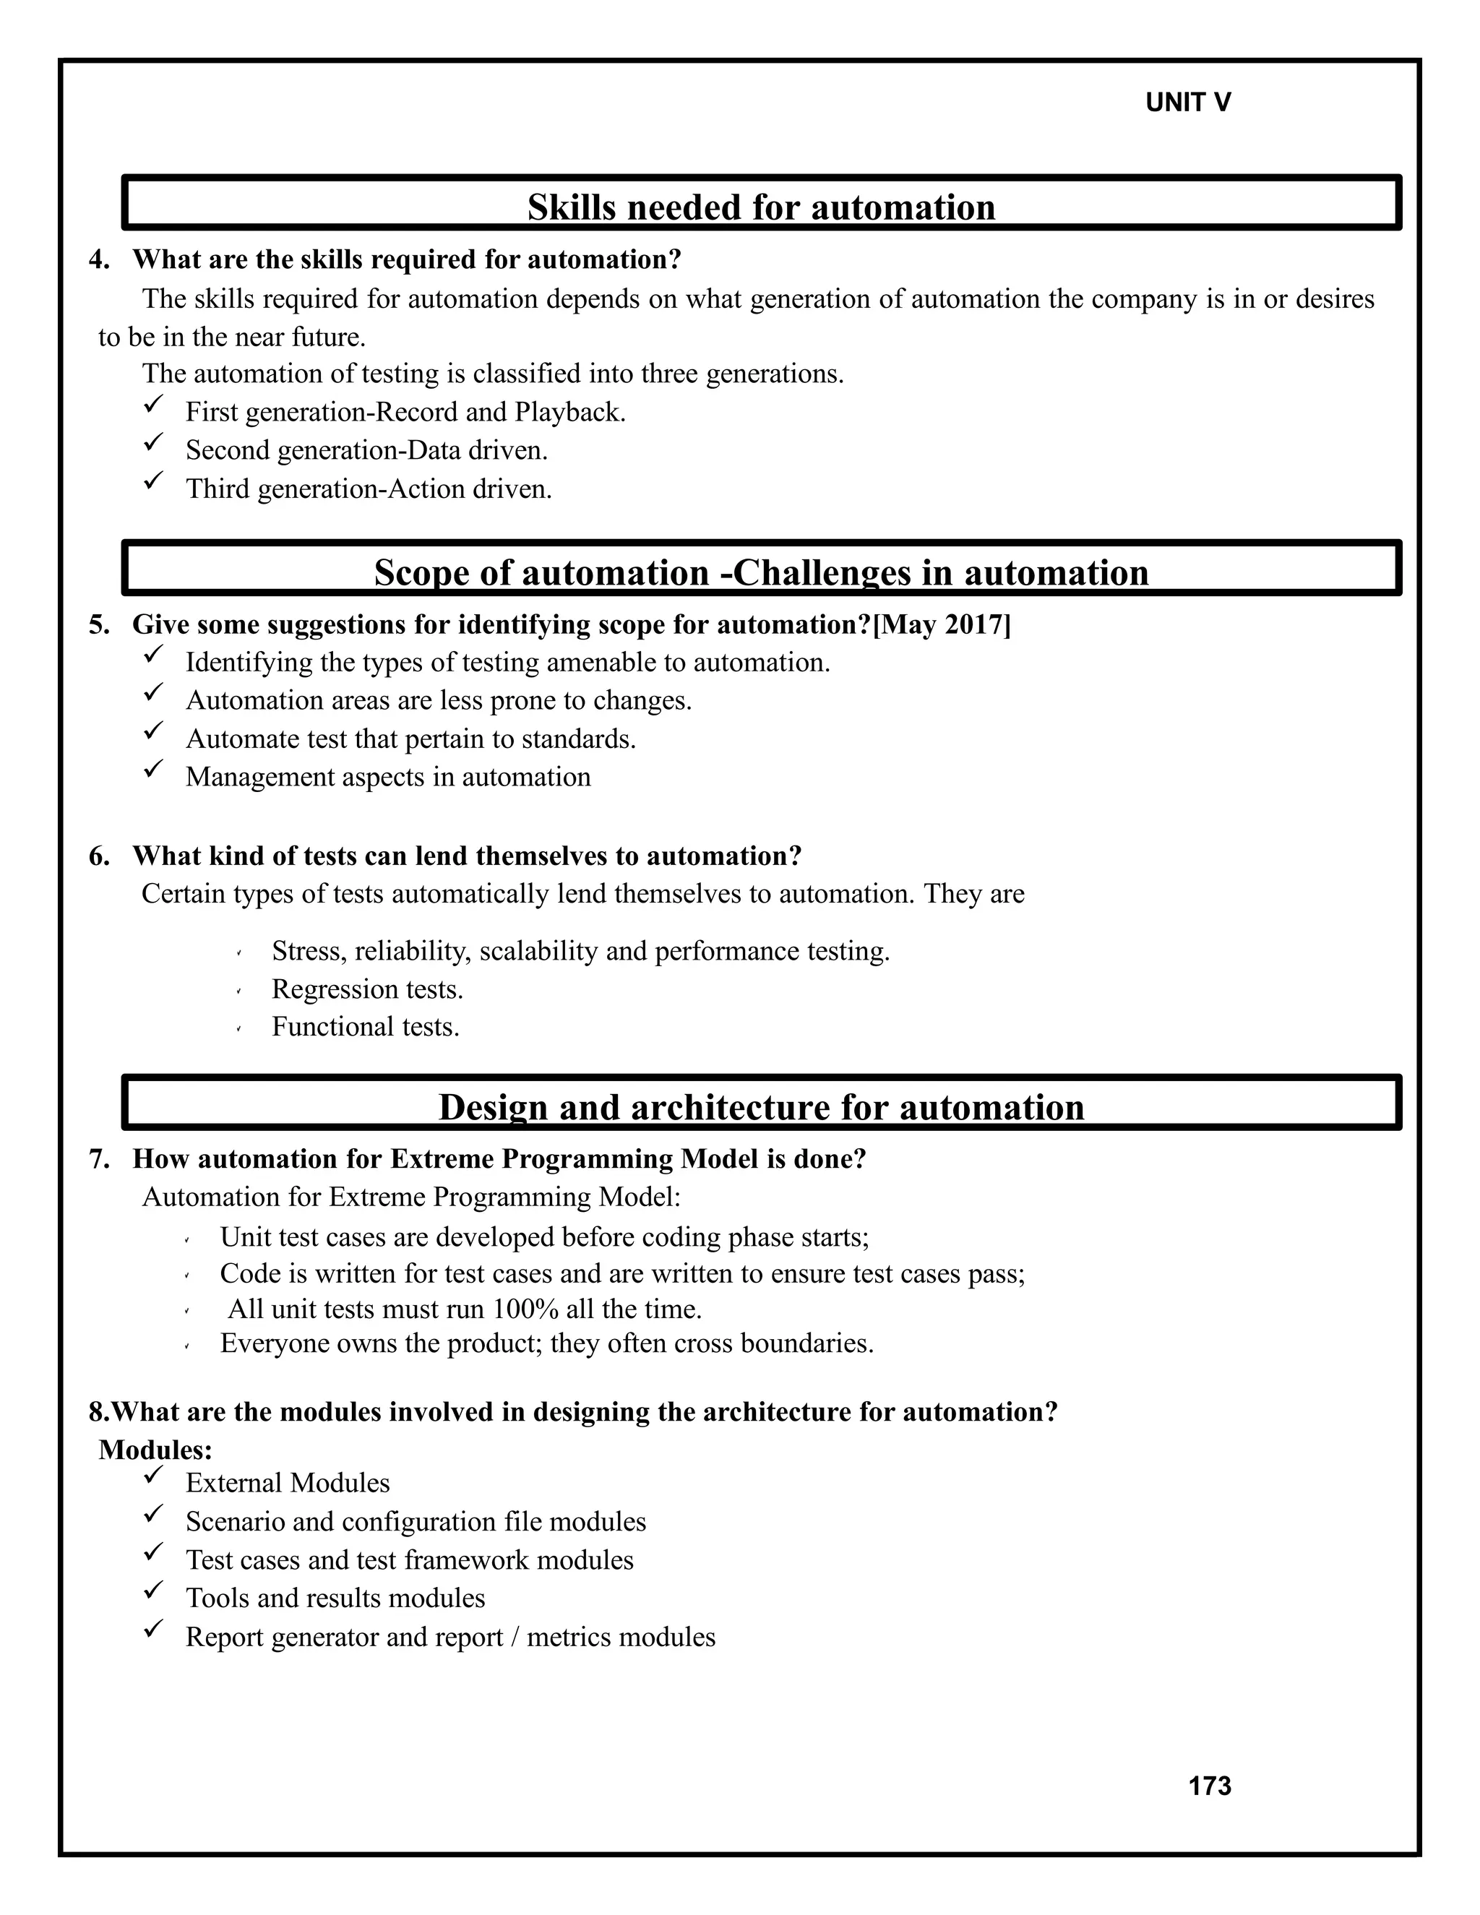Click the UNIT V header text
1187,103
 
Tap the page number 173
1209,1786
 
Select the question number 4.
98,260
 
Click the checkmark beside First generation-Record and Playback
153,404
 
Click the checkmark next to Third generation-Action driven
153,481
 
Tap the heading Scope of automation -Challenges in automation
761,572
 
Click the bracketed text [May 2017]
941,625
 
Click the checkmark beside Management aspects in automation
153,769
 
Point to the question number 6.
98,856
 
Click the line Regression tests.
367,989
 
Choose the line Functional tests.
366,1027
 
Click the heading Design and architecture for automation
761,1107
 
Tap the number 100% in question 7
525,1309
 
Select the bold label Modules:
155,1450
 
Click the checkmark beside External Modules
153,1476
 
